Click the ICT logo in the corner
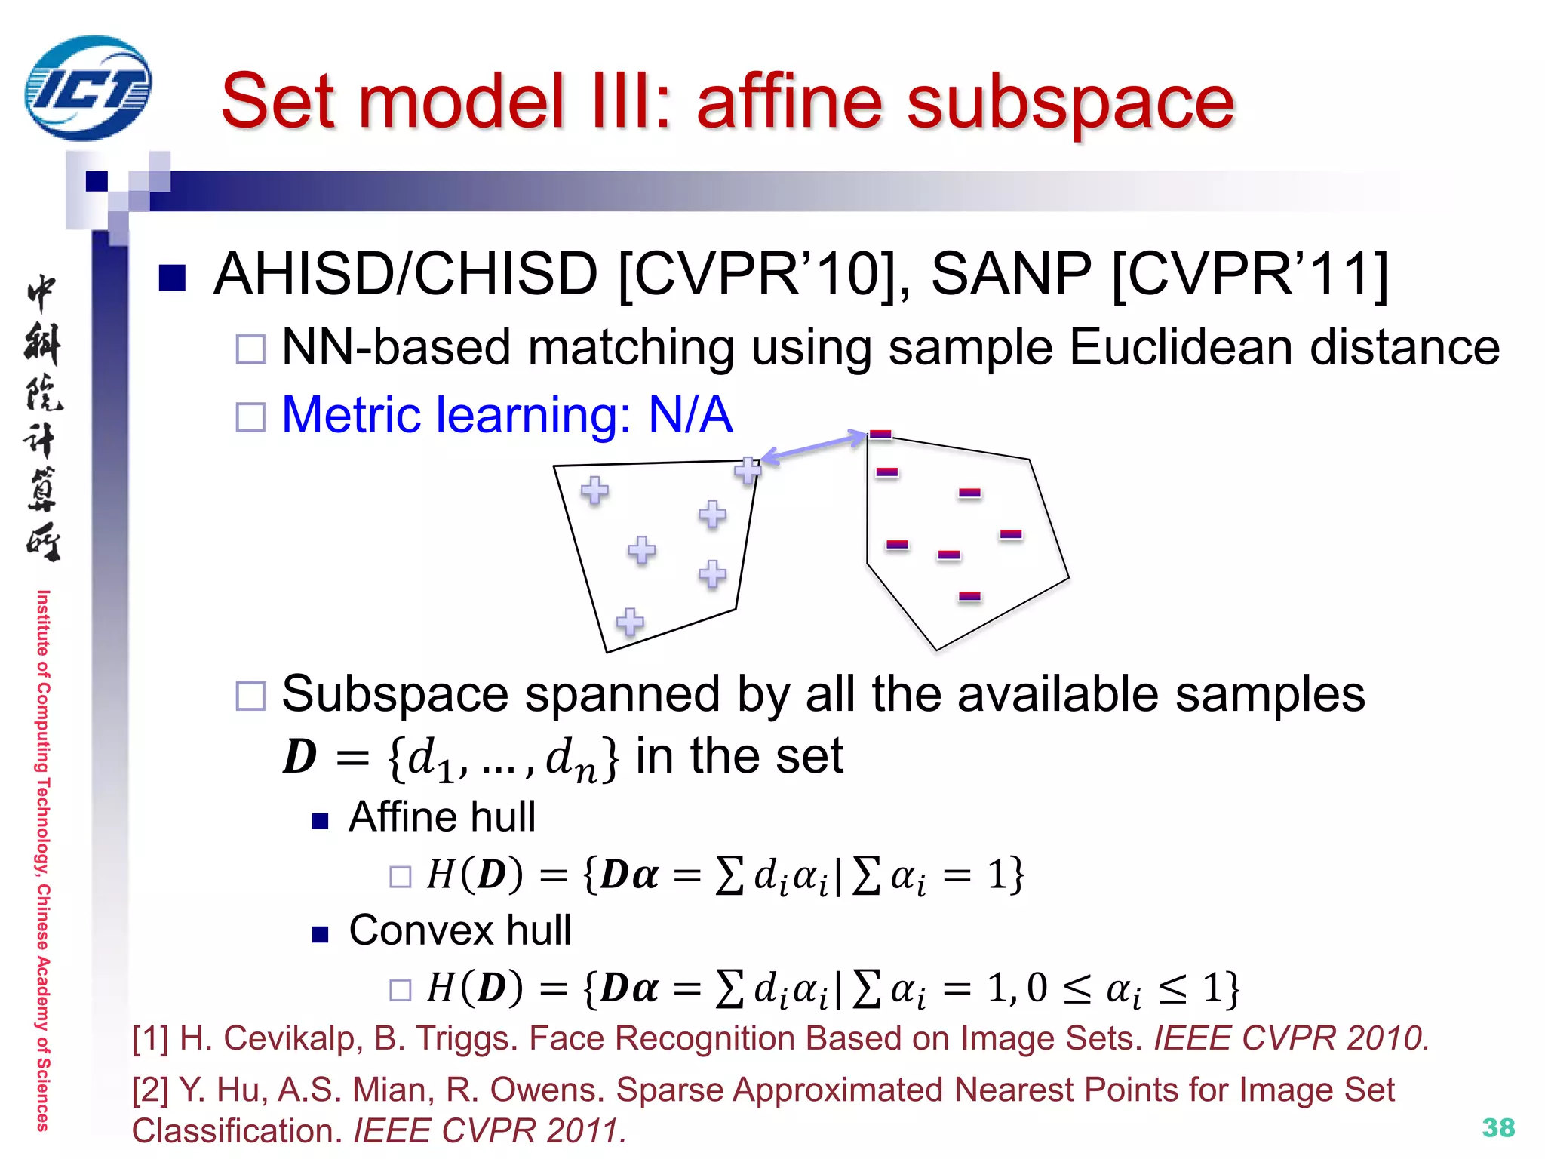[x=88, y=88]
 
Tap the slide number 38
[x=1498, y=1127]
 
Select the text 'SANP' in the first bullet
[x=1011, y=273]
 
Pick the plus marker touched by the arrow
[x=748, y=470]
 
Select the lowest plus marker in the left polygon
[x=630, y=622]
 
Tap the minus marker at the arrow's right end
[x=880, y=434]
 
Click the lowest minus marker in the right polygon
[x=969, y=596]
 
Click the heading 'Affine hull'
[x=442, y=816]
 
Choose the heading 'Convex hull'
[x=459, y=930]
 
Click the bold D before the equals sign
[x=300, y=756]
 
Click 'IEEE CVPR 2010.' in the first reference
[x=1291, y=1038]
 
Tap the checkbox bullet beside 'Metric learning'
[x=250, y=417]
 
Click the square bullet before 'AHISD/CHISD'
[x=173, y=277]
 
